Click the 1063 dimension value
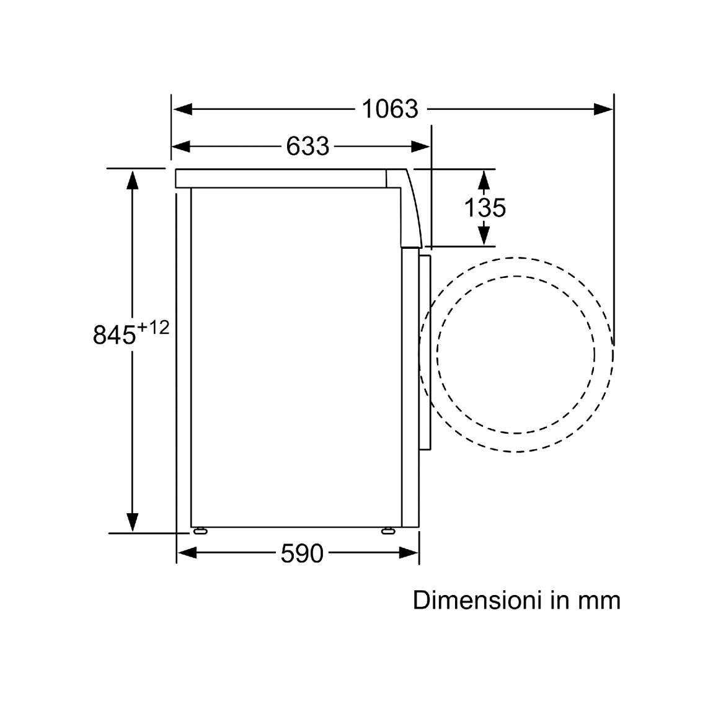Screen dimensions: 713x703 390,109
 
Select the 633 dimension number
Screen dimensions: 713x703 308,146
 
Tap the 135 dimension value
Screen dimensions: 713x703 485,207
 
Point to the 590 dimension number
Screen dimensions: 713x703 302,553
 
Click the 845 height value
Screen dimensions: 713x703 114,335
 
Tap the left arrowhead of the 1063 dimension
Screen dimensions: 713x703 182,109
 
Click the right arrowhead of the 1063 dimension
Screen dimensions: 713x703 603,109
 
